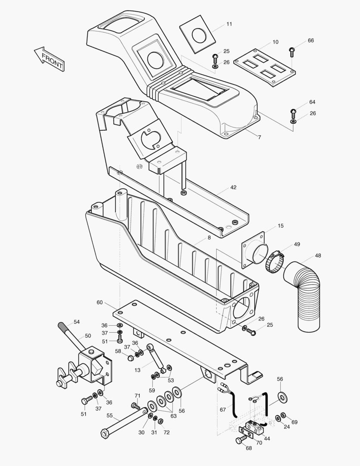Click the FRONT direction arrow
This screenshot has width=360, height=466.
coord(49,58)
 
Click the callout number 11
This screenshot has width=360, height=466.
coord(229,24)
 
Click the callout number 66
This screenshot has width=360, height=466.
coord(311,40)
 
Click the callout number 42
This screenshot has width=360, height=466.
coord(233,187)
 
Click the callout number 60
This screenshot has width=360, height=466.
coord(100,302)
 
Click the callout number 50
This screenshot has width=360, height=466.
coord(88,335)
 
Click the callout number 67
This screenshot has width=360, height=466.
coord(222,409)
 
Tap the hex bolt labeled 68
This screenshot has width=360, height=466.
coord(240,441)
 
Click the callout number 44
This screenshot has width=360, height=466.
coord(267,438)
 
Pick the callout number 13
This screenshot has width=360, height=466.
coord(138,369)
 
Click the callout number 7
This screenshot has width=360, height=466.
coord(259,137)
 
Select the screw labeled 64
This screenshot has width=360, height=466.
coord(293,113)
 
